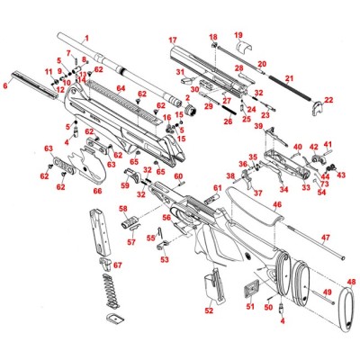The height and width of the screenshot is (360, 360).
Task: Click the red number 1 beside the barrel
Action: tap(86, 39)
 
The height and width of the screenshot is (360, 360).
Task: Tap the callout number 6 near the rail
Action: tap(7, 86)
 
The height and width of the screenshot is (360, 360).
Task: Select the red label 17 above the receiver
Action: tap(172, 40)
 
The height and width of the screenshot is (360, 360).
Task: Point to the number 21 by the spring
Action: tap(289, 79)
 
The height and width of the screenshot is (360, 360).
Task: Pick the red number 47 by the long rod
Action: tap(327, 238)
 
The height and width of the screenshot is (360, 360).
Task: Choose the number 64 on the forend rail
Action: tap(120, 89)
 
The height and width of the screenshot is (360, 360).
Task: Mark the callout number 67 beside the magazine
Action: tap(117, 265)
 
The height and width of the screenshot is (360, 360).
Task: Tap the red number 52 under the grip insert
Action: tap(209, 310)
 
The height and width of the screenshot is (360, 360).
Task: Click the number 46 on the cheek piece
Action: tap(277, 206)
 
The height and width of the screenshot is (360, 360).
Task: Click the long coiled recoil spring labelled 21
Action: tap(290, 94)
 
